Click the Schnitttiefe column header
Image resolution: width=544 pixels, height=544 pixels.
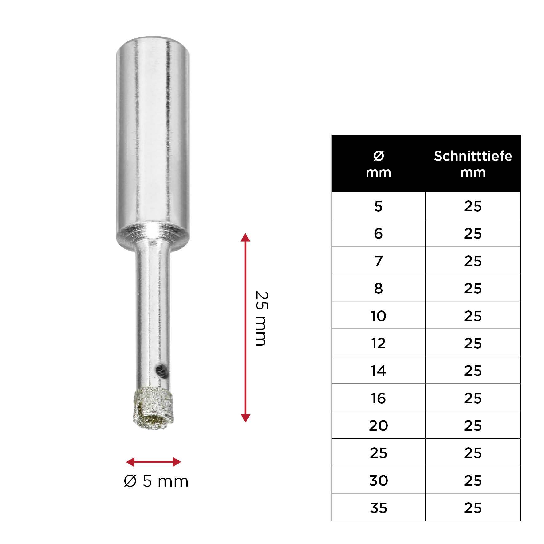pyautogui.click(x=473, y=164)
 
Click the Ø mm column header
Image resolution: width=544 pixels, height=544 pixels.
pyautogui.click(x=378, y=164)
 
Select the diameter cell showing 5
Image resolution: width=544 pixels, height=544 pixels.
pyautogui.click(x=378, y=206)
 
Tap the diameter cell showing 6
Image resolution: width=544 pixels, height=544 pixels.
pyautogui.click(x=378, y=233)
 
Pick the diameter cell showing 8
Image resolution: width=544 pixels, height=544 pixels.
pyautogui.click(x=378, y=288)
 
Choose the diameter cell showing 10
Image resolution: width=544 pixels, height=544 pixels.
pyautogui.click(x=378, y=316)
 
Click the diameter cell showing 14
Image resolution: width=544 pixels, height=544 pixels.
pyautogui.click(x=378, y=371)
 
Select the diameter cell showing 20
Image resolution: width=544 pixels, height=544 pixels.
pyautogui.click(x=378, y=425)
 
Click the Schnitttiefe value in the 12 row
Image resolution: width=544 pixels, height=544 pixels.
pyautogui.click(x=473, y=343)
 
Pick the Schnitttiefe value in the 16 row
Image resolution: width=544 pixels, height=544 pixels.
pyautogui.click(x=473, y=398)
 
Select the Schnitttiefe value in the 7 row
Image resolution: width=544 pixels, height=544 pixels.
pyautogui.click(x=473, y=261)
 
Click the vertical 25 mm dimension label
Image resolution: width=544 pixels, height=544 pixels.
pyautogui.click(x=262, y=318)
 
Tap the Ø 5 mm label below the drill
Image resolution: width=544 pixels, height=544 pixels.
pyautogui.click(x=156, y=481)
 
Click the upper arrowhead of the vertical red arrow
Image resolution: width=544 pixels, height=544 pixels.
pyautogui.click(x=245, y=237)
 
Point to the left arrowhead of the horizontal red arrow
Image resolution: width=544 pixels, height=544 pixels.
pyautogui.click(x=130, y=462)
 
